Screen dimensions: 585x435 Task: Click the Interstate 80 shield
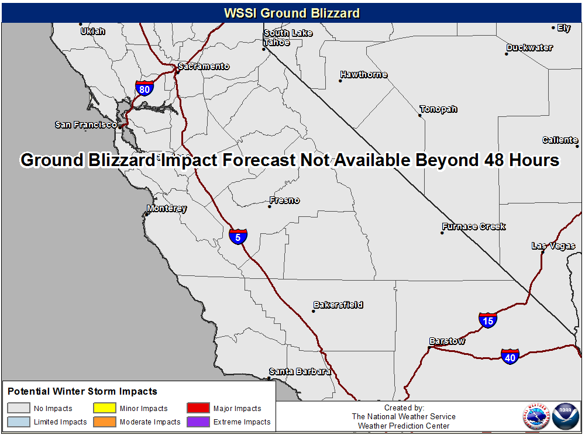coord(144,88)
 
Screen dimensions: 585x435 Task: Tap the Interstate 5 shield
coord(238,237)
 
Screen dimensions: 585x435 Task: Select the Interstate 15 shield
coord(488,320)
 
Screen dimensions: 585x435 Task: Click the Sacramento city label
coord(204,66)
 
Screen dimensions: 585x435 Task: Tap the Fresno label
coord(285,200)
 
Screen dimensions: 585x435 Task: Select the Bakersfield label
coord(338,305)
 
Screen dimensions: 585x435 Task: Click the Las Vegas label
coord(553,246)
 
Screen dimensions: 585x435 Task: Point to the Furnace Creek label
coord(474,227)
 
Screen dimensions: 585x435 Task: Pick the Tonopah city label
coord(438,109)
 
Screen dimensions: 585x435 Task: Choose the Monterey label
coord(167,208)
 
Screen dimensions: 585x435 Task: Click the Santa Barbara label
coord(300,372)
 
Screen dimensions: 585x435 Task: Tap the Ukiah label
coord(93,32)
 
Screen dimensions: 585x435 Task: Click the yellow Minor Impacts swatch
coord(105,408)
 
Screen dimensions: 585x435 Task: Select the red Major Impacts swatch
coord(198,408)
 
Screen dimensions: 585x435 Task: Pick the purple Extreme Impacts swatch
coord(198,422)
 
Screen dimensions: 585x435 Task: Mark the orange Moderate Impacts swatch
coord(105,422)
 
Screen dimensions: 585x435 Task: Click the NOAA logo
coord(566,416)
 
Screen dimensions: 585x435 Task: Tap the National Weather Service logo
coord(536,416)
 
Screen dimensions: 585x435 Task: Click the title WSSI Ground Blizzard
coord(292,13)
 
